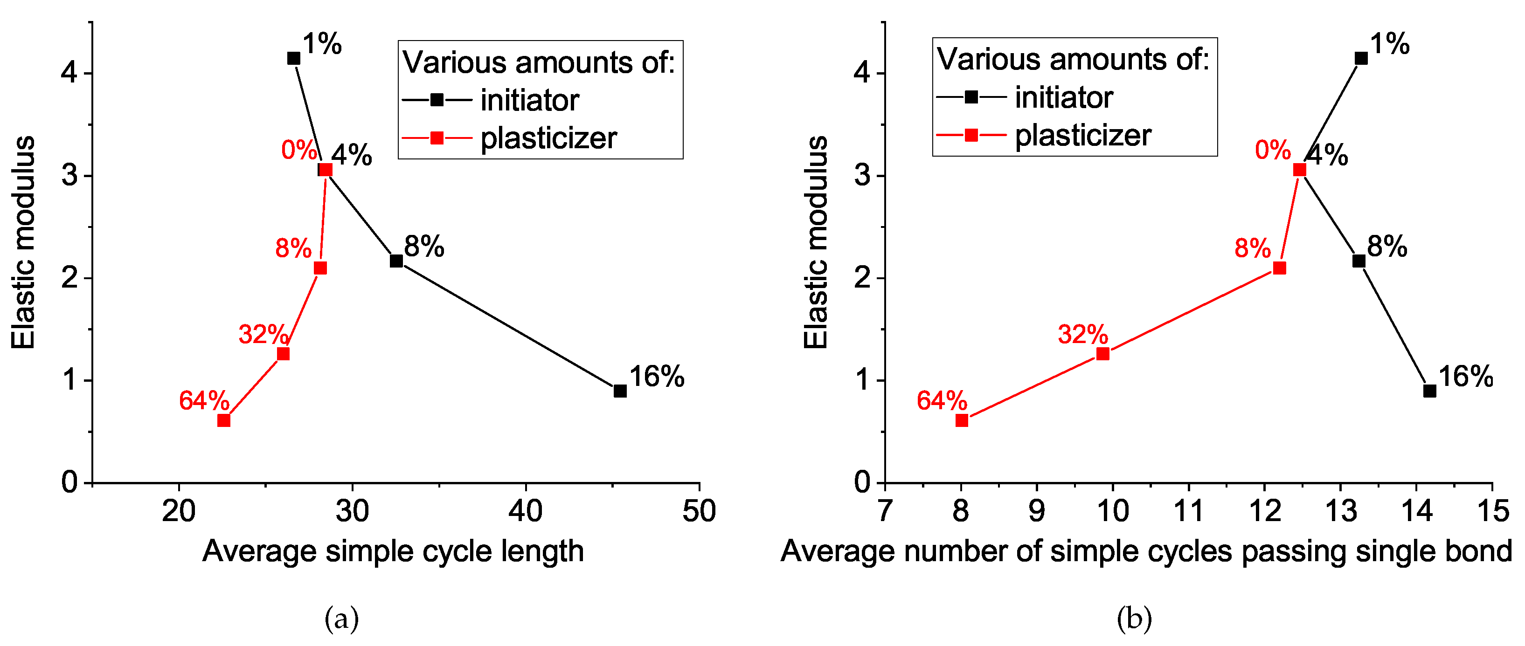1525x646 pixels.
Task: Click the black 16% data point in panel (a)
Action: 620,391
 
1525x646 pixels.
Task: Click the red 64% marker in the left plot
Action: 224,420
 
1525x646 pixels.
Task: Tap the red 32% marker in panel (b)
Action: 1103,354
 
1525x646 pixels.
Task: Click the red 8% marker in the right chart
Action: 1279,268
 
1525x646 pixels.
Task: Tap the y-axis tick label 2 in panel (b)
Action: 863,278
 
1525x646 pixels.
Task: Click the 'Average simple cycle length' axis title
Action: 393,551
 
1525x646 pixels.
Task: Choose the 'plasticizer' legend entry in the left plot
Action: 548,138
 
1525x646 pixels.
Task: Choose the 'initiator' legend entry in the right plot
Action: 1064,97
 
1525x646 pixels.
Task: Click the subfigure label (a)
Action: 341,619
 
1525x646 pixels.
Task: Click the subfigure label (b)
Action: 1134,619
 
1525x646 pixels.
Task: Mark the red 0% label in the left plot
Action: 299,150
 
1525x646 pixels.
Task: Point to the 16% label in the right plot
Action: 1466,377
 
